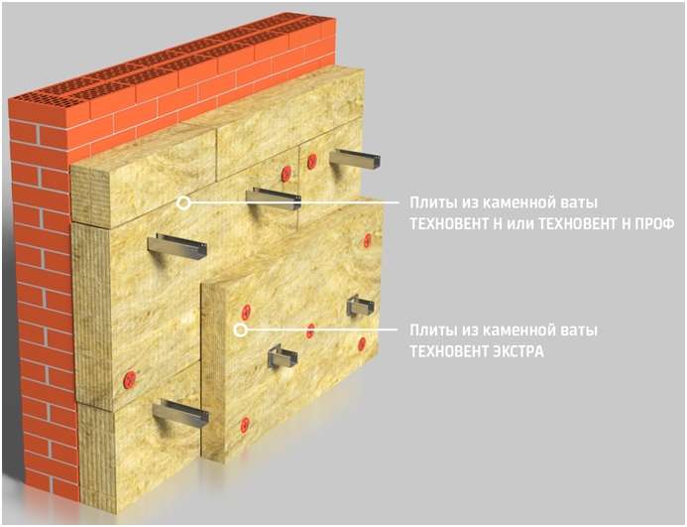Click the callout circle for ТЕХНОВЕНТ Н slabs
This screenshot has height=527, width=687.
coord(184,203)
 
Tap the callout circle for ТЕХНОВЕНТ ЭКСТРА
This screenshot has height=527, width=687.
coord(240,329)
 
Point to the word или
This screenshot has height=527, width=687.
coord(519,224)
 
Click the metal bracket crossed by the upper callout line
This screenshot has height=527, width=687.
coord(275,198)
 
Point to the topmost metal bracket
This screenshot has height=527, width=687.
coord(355,159)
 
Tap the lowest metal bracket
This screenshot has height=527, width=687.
coord(180,412)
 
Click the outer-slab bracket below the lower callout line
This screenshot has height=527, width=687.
coord(283,355)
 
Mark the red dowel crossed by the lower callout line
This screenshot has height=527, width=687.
coord(310,330)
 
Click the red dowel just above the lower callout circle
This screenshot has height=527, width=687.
coord(246,312)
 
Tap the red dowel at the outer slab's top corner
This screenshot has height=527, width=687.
coord(367,240)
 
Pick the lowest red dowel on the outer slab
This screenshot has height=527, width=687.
coord(245,425)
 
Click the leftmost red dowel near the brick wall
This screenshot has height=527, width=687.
coord(130,379)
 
